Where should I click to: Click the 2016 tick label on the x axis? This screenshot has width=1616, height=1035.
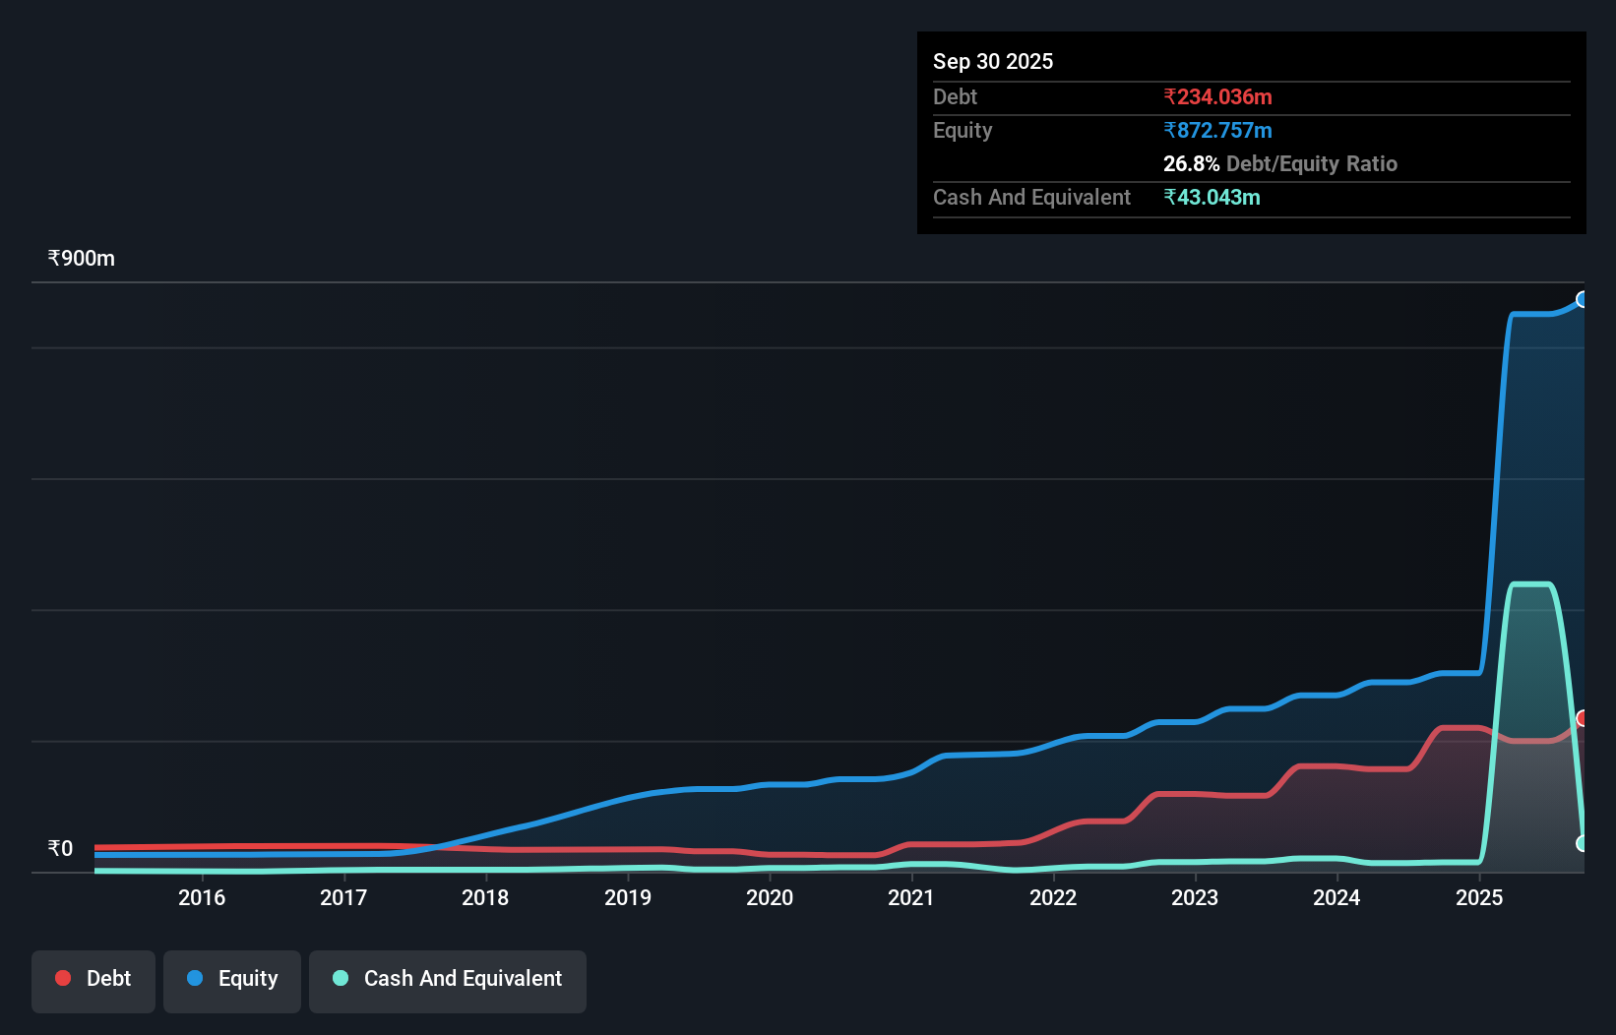202,897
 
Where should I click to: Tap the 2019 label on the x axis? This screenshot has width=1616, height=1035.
628,897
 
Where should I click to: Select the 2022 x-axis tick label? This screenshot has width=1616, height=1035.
1053,897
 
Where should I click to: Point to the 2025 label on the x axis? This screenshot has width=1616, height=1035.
1479,897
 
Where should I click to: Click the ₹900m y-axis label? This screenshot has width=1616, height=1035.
82,259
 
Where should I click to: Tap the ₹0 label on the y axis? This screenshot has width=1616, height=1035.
61,849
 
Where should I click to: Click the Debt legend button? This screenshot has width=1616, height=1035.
93,979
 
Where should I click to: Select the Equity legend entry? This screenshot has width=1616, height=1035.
232,979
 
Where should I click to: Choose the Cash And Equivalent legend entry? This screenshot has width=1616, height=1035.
448,979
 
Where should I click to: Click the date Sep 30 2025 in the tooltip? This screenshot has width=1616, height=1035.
993,62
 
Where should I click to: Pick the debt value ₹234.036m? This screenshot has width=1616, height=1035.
1217,97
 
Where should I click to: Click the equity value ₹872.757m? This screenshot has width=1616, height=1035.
1217,131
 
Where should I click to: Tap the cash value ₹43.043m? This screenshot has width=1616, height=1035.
1212,198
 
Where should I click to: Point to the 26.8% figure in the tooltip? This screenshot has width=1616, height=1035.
1191,164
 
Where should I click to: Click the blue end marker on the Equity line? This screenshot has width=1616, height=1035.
1583,299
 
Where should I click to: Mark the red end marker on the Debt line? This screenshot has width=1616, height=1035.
1583,718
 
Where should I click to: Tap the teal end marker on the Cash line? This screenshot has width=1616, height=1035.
1583,843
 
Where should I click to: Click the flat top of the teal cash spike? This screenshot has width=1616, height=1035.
1531,584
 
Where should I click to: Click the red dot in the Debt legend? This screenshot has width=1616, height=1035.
63,978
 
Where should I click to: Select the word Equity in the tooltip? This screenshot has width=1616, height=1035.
963,131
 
